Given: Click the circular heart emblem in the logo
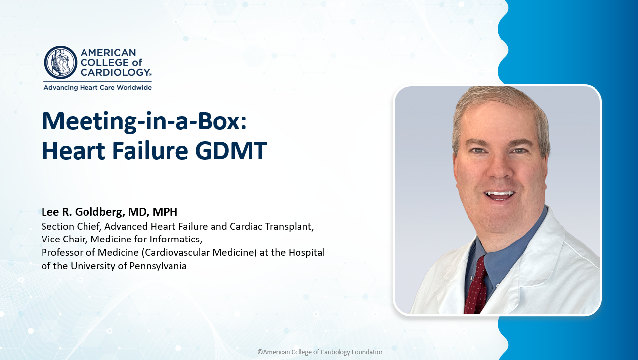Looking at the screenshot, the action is pyautogui.click(x=61, y=62).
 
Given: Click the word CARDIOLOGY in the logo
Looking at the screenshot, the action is pyautogui.click(x=115, y=72).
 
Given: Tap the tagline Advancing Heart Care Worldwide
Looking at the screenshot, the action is pyautogui.click(x=98, y=87).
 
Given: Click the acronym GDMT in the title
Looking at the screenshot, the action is pyautogui.click(x=231, y=150).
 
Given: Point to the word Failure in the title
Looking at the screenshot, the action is pyautogui.click(x=150, y=150).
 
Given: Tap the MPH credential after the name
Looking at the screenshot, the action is pyautogui.click(x=165, y=212).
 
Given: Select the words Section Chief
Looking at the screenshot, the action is pyautogui.click(x=71, y=227).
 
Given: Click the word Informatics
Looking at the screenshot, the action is pyautogui.click(x=175, y=240).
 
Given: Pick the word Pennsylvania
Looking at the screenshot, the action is pyautogui.click(x=158, y=266).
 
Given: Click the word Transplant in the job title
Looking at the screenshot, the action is pyautogui.click(x=290, y=227).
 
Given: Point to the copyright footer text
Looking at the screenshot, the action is pyautogui.click(x=320, y=352).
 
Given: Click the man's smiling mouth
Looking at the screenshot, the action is pyautogui.click(x=500, y=195).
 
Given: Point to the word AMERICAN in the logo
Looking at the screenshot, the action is pyautogui.click(x=108, y=53).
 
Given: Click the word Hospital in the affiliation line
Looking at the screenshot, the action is pyautogui.click(x=307, y=253).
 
